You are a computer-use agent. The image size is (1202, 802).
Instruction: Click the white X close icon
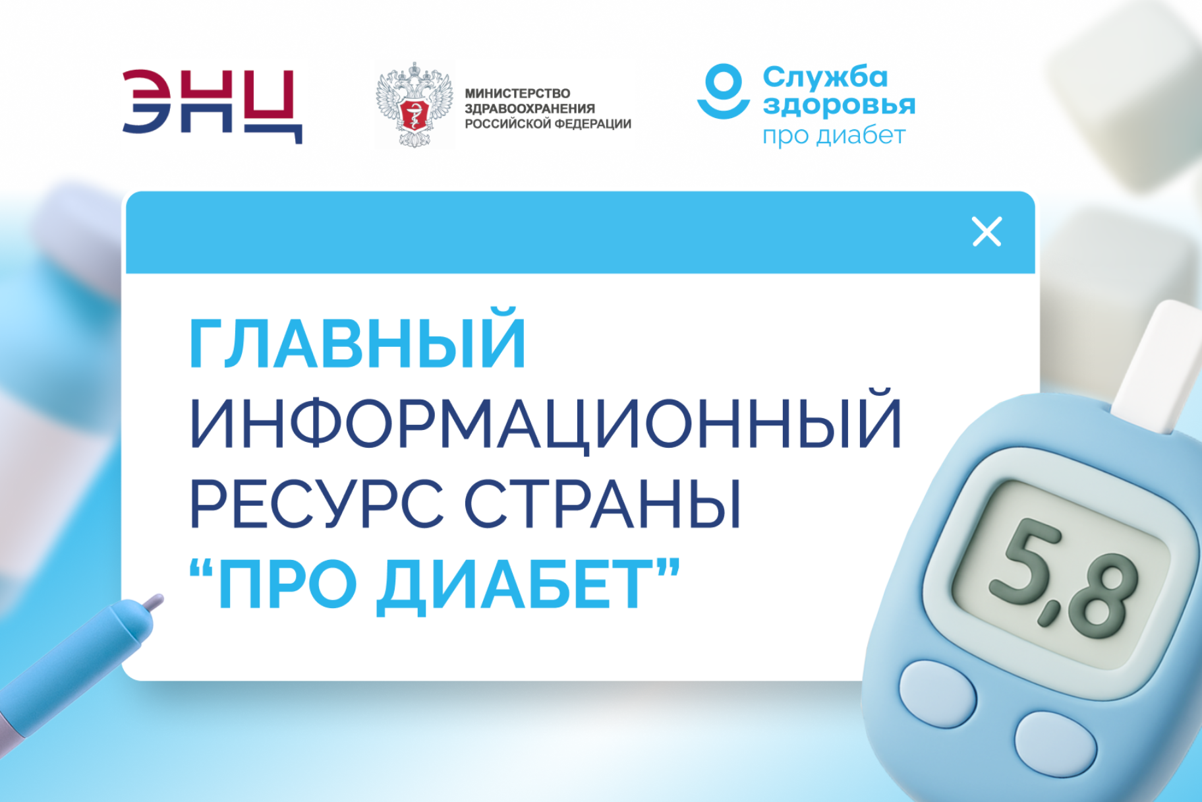[987, 231]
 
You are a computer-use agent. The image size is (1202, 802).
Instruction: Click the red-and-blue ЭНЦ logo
[212, 106]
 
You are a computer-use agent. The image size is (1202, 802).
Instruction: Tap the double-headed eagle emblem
[415, 105]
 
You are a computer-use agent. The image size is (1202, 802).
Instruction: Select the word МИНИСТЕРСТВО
[517, 94]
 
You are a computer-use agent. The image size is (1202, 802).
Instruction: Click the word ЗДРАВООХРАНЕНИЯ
[530, 109]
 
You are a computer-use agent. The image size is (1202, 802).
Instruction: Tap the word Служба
[825, 77]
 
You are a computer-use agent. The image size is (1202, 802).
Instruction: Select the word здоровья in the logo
[839, 105]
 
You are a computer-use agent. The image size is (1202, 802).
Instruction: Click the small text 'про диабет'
[834, 135]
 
